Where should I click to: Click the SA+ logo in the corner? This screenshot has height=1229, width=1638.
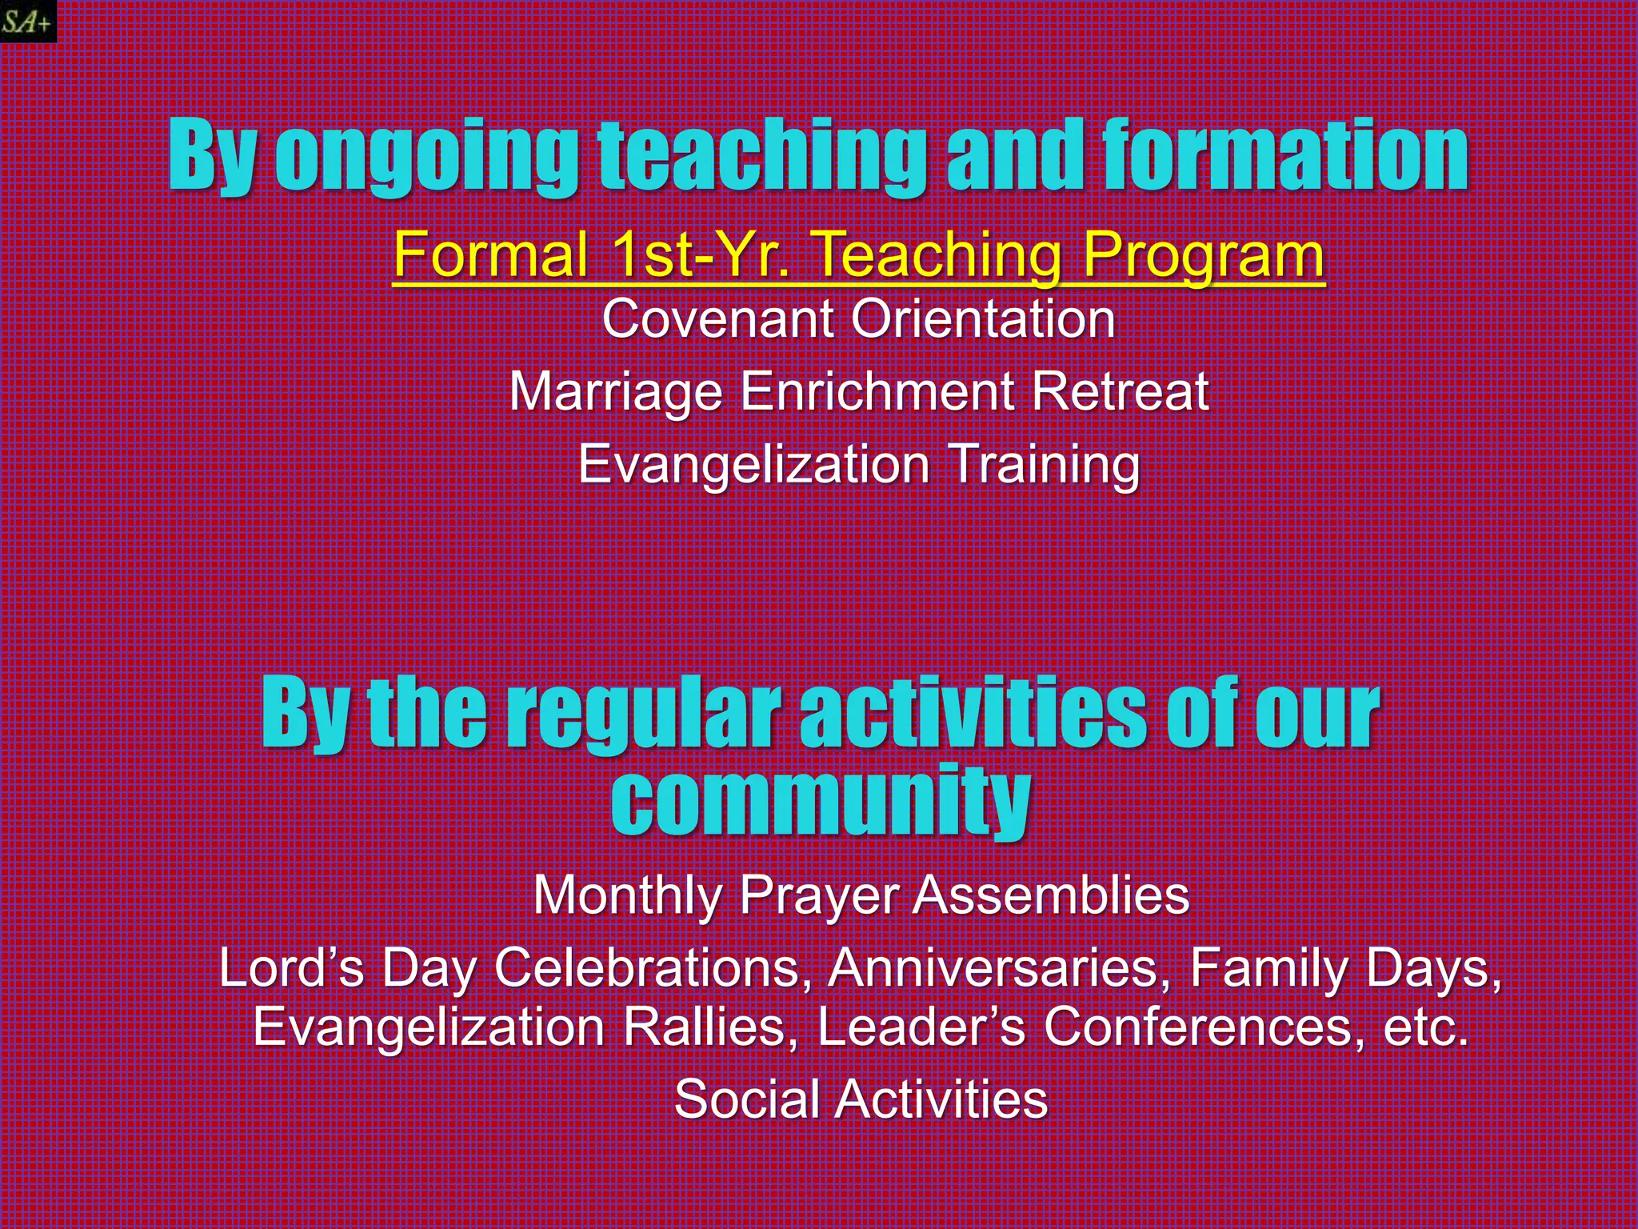pyautogui.click(x=27, y=21)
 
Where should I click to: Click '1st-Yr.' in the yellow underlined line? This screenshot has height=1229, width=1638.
pyautogui.click(x=701, y=254)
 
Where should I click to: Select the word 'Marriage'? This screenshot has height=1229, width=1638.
pyautogui.click(x=616, y=391)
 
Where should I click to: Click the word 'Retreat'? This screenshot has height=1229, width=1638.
pyautogui.click(x=1119, y=391)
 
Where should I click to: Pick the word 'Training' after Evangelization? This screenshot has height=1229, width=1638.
pyautogui.click(x=1044, y=464)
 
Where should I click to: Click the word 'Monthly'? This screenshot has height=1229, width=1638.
pyautogui.click(x=628, y=895)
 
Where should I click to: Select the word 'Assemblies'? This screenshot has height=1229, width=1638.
pyautogui.click(x=1050, y=895)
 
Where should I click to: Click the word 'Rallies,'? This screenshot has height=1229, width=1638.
pyautogui.click(x=710, y=1027)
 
